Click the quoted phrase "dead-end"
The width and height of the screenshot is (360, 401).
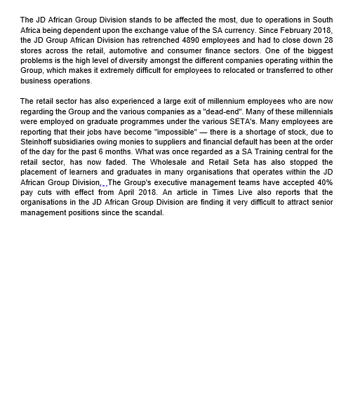click(222, 112)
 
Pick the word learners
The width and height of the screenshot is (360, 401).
click(95, 172)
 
